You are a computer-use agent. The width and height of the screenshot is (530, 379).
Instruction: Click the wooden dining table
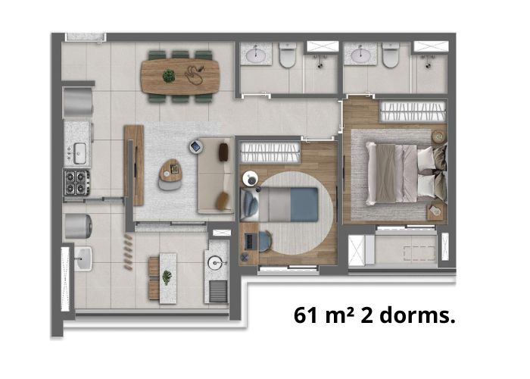coord(180,77)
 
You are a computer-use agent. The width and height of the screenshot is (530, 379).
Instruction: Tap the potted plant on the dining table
coord(169,76)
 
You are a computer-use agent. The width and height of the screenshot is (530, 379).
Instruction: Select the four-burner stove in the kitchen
coord(77,183)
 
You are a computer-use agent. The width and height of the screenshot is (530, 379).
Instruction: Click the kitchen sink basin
coord(79,153)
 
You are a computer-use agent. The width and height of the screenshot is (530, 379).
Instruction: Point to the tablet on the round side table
coord(195,146)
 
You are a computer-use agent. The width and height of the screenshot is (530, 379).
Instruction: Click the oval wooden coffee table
coord(171,171)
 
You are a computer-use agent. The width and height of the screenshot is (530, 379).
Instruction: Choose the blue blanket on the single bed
coord(304,205)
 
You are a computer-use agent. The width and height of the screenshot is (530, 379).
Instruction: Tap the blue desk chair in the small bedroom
coord(265,241)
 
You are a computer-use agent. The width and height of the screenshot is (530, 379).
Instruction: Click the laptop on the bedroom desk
coord(249,241)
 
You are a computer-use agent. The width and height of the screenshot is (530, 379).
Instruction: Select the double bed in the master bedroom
coord(406,174)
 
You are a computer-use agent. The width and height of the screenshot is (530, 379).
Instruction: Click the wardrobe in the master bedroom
coord(413,111)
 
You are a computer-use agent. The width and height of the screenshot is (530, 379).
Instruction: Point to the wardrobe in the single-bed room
coord(270,152)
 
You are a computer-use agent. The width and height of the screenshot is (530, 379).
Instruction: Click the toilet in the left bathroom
coord(288,55)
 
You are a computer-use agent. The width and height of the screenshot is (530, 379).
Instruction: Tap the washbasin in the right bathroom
coord(360,55)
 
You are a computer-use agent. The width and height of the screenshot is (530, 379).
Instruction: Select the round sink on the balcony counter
coord(216,263)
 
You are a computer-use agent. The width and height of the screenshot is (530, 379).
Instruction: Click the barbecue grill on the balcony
coord(218,291)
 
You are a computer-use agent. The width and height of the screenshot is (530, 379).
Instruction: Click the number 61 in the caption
coord(307,316)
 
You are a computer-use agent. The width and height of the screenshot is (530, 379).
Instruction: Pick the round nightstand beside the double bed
coord(438,136)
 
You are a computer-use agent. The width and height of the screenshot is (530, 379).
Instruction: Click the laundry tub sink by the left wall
coord(83,258)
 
